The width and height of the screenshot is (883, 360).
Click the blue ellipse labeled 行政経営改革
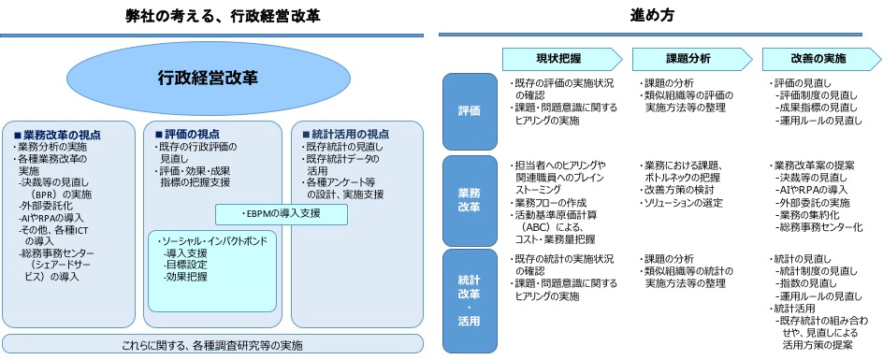208,78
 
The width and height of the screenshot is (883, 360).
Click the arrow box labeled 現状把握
562,58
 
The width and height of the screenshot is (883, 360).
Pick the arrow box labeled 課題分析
692,58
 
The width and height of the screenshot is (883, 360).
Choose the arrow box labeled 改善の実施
821,58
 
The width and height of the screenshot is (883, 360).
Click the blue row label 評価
470,111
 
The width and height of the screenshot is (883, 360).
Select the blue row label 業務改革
470,200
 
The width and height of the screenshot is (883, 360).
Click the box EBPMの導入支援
281,214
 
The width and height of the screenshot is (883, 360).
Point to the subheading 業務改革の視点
57,136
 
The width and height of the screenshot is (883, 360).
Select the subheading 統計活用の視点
345,135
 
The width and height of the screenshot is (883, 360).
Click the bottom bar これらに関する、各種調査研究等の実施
212,344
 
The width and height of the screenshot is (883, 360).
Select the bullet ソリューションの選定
681,203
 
